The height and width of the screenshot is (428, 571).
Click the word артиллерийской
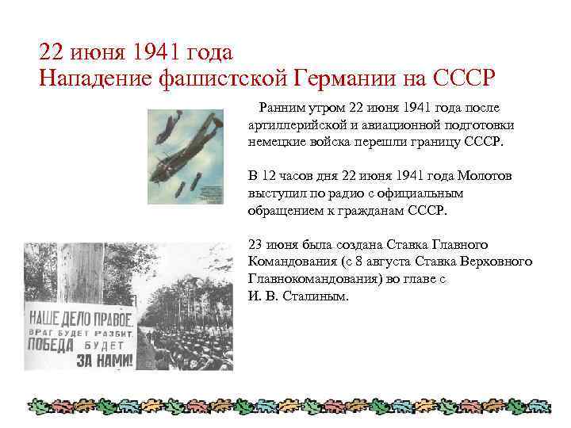297,124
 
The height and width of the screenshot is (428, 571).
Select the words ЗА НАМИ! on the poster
102,359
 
